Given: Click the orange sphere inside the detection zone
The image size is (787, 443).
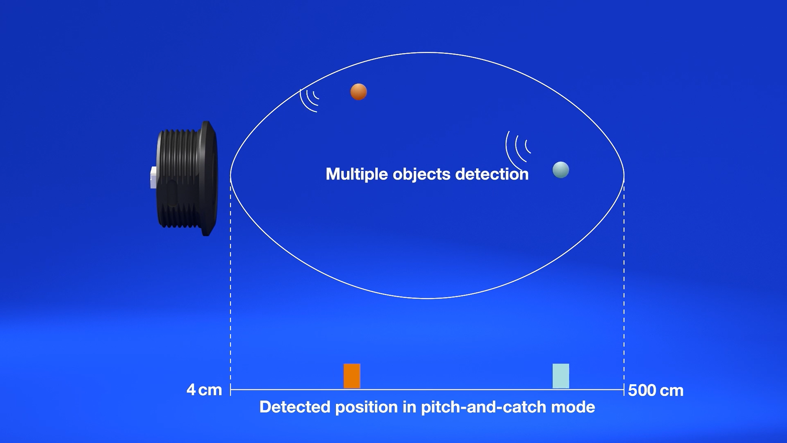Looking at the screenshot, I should point(358,92).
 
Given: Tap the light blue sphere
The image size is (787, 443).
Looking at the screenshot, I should point(561,170).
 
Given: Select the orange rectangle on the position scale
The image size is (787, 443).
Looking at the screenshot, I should point(352,376).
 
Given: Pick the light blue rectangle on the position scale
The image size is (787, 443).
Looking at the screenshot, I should point(561,376).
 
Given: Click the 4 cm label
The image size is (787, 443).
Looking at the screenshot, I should point(204,390).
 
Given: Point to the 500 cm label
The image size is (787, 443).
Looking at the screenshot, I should point(656,390).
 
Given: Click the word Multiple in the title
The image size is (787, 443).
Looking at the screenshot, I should point(356,174).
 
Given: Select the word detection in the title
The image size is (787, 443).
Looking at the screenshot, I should point(492,174).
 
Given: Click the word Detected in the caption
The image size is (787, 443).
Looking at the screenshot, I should point(295,407).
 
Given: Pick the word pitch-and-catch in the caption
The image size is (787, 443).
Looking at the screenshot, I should point(483,407).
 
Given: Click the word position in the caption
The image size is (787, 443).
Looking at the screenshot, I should point(366,407).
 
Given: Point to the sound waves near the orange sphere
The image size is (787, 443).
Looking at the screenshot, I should point(309,100).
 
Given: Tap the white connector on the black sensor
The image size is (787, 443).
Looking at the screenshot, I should point(153,177).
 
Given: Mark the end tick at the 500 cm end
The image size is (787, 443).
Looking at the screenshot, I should point(624,390).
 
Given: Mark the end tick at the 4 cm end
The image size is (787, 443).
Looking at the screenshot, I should point(231,390).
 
